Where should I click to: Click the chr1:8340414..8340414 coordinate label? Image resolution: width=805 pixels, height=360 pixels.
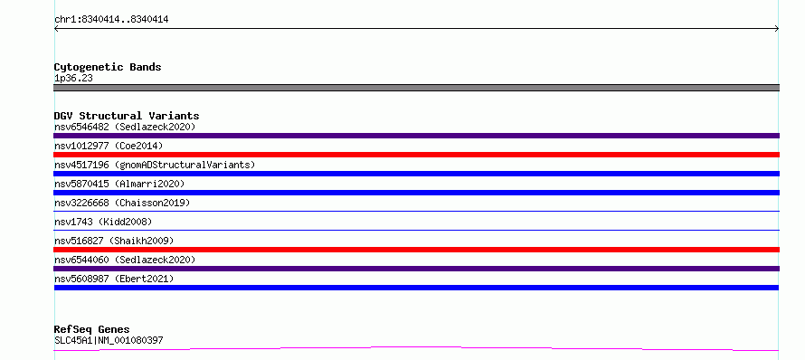[111, 20]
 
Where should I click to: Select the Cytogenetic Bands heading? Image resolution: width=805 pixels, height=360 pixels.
[108, 67]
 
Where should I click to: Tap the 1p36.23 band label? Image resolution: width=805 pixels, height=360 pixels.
[73, 79]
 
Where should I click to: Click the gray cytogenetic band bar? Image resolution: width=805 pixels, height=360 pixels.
[416, 88]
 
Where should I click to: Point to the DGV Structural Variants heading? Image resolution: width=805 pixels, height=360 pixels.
[127, 116]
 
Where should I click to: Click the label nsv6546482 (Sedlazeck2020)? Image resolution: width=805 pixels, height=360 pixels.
[125, 127]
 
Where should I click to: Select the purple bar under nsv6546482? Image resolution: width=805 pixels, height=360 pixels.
[416, 136]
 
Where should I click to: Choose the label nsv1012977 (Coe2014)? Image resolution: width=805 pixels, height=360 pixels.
[109, 146]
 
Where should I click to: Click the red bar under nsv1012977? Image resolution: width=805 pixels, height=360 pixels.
[416, 155]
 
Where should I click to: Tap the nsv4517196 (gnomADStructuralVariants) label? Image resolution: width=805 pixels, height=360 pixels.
[155, 165]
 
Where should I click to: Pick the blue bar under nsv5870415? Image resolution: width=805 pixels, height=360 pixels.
[416, 193]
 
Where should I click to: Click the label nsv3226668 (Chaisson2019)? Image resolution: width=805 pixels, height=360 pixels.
[122, 203]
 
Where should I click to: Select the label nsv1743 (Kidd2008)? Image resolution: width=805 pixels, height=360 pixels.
[103, 222]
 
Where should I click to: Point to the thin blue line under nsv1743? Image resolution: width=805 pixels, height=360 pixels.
[416, 230]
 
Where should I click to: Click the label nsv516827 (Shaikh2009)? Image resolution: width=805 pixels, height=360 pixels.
[114, 241]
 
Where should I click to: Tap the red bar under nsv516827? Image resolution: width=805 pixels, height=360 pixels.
[416, 250]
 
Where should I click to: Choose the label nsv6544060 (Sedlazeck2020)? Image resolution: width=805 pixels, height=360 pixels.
[125, 260]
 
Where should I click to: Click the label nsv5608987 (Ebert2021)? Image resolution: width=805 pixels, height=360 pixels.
[114, 279]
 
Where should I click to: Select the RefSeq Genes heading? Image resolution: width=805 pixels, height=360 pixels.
[92, 329]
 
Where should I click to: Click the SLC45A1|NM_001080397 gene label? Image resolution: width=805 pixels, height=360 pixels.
[109, 340]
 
